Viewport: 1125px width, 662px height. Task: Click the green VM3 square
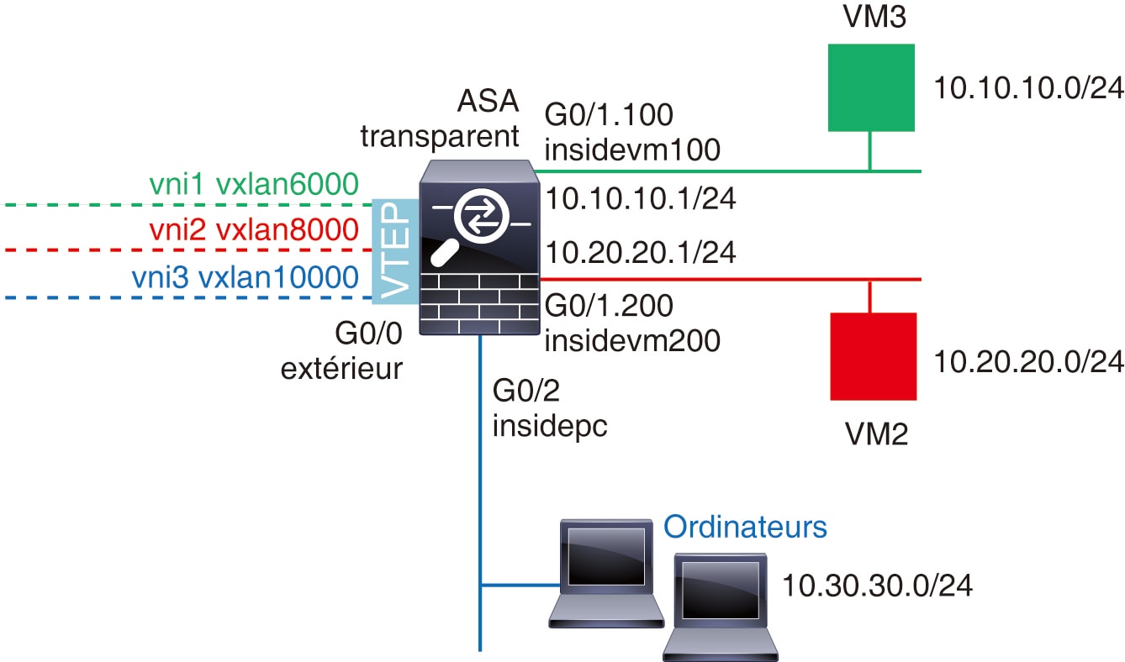871,87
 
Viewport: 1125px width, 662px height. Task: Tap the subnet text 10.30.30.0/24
877,586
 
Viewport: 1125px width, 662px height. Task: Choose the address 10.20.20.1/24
641,251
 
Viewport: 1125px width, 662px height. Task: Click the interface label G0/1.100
610,115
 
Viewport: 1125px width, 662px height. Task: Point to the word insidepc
550,426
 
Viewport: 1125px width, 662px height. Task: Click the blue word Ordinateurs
745,528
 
